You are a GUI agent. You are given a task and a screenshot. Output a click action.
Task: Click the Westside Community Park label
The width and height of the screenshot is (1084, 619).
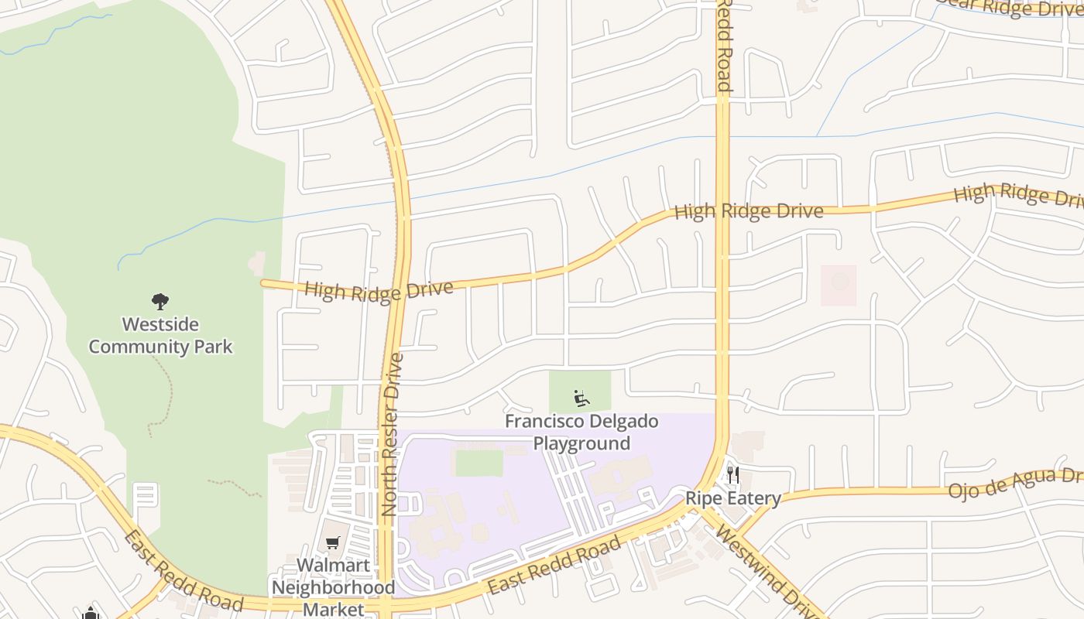(x=160, y=335)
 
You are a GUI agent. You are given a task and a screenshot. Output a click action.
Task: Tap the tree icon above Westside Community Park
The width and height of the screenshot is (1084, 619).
(x=160, y=301)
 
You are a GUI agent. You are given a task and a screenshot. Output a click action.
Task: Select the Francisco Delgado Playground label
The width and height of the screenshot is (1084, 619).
(x=581, y=432)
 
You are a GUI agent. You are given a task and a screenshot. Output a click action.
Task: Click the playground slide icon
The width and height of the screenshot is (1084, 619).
(x=581, y=398)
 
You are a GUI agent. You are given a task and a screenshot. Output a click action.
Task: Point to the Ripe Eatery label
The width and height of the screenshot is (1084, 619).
(x=732, y=498)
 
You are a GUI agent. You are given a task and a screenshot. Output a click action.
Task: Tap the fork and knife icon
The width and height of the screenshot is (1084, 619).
(x=732, y=474)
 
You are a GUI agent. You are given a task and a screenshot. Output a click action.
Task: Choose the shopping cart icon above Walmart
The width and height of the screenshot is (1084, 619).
(x=333, y=543)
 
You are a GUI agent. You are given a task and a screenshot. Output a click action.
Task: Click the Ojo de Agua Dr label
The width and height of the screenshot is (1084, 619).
(x=1015, y=482)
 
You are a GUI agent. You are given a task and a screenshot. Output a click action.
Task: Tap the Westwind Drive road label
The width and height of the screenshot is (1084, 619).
(x=767, y=572)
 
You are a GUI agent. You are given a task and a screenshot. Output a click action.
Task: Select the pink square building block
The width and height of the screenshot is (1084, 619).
(x=839, y=285)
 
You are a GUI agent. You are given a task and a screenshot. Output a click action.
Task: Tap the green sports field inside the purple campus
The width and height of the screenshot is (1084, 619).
(x=479, y=463)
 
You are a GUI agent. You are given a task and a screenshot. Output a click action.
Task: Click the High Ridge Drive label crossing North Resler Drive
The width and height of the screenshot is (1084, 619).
(x=379, y=290)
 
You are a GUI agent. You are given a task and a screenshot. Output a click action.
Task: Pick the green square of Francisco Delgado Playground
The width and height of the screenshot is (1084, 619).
(x=580, y=391)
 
